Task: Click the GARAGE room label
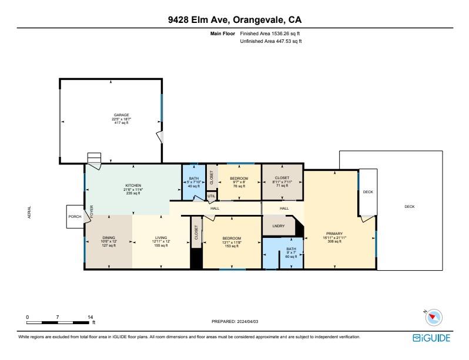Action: coord(122,115)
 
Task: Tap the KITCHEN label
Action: coord(133,186)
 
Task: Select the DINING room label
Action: coord(109,238)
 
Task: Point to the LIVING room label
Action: coord(161,238)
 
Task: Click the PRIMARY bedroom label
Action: coord(334,234)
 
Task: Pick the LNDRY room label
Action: coord(279,226)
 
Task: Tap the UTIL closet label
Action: coord(211,196)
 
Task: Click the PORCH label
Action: coord(75,217)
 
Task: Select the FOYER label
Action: coord(92,211)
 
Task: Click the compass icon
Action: coord(434,317)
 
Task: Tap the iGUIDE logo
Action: coord(431,338)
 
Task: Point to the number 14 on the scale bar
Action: coord(91,317)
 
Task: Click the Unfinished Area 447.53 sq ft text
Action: coord(271,41)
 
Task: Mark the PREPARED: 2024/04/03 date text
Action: coord(235,321)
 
